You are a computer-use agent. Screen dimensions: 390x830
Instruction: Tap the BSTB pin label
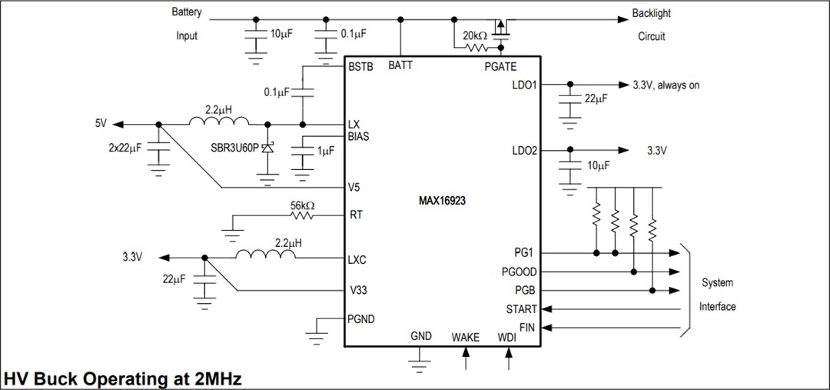point(360,67)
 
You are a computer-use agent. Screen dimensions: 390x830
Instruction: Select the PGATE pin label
point(500,67)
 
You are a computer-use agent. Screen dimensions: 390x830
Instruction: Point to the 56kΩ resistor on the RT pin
point(302,215)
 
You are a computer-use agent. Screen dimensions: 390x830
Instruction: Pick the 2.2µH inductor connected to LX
point(219,123)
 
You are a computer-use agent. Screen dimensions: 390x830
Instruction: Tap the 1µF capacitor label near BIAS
point(325,151)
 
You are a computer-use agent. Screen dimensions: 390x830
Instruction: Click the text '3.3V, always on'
point(666,85)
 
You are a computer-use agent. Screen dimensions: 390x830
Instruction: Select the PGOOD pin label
point(520,272)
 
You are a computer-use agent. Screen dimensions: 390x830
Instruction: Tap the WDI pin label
point(507,337)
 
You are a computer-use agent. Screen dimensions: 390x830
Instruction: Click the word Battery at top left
point(187,12)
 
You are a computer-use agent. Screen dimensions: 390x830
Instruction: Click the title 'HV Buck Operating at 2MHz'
point(123,378)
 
